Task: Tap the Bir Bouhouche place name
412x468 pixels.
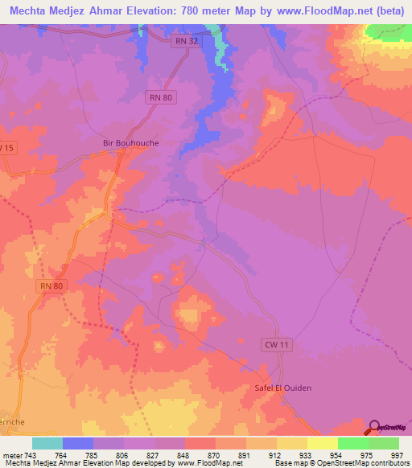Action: [x=131, y=142]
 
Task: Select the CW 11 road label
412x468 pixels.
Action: [x=275, y=344]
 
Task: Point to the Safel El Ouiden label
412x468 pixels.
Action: [x=278, y=388]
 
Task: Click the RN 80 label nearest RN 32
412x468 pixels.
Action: [x=161, y=97]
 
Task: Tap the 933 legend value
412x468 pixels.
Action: [x=294, y=455]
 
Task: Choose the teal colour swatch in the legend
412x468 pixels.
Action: [x=47, y=443]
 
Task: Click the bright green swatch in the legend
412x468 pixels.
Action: [x=352, y=443]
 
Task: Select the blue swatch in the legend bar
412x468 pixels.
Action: [x=78, y=443]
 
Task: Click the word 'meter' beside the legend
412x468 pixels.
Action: [x=13, y=455]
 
